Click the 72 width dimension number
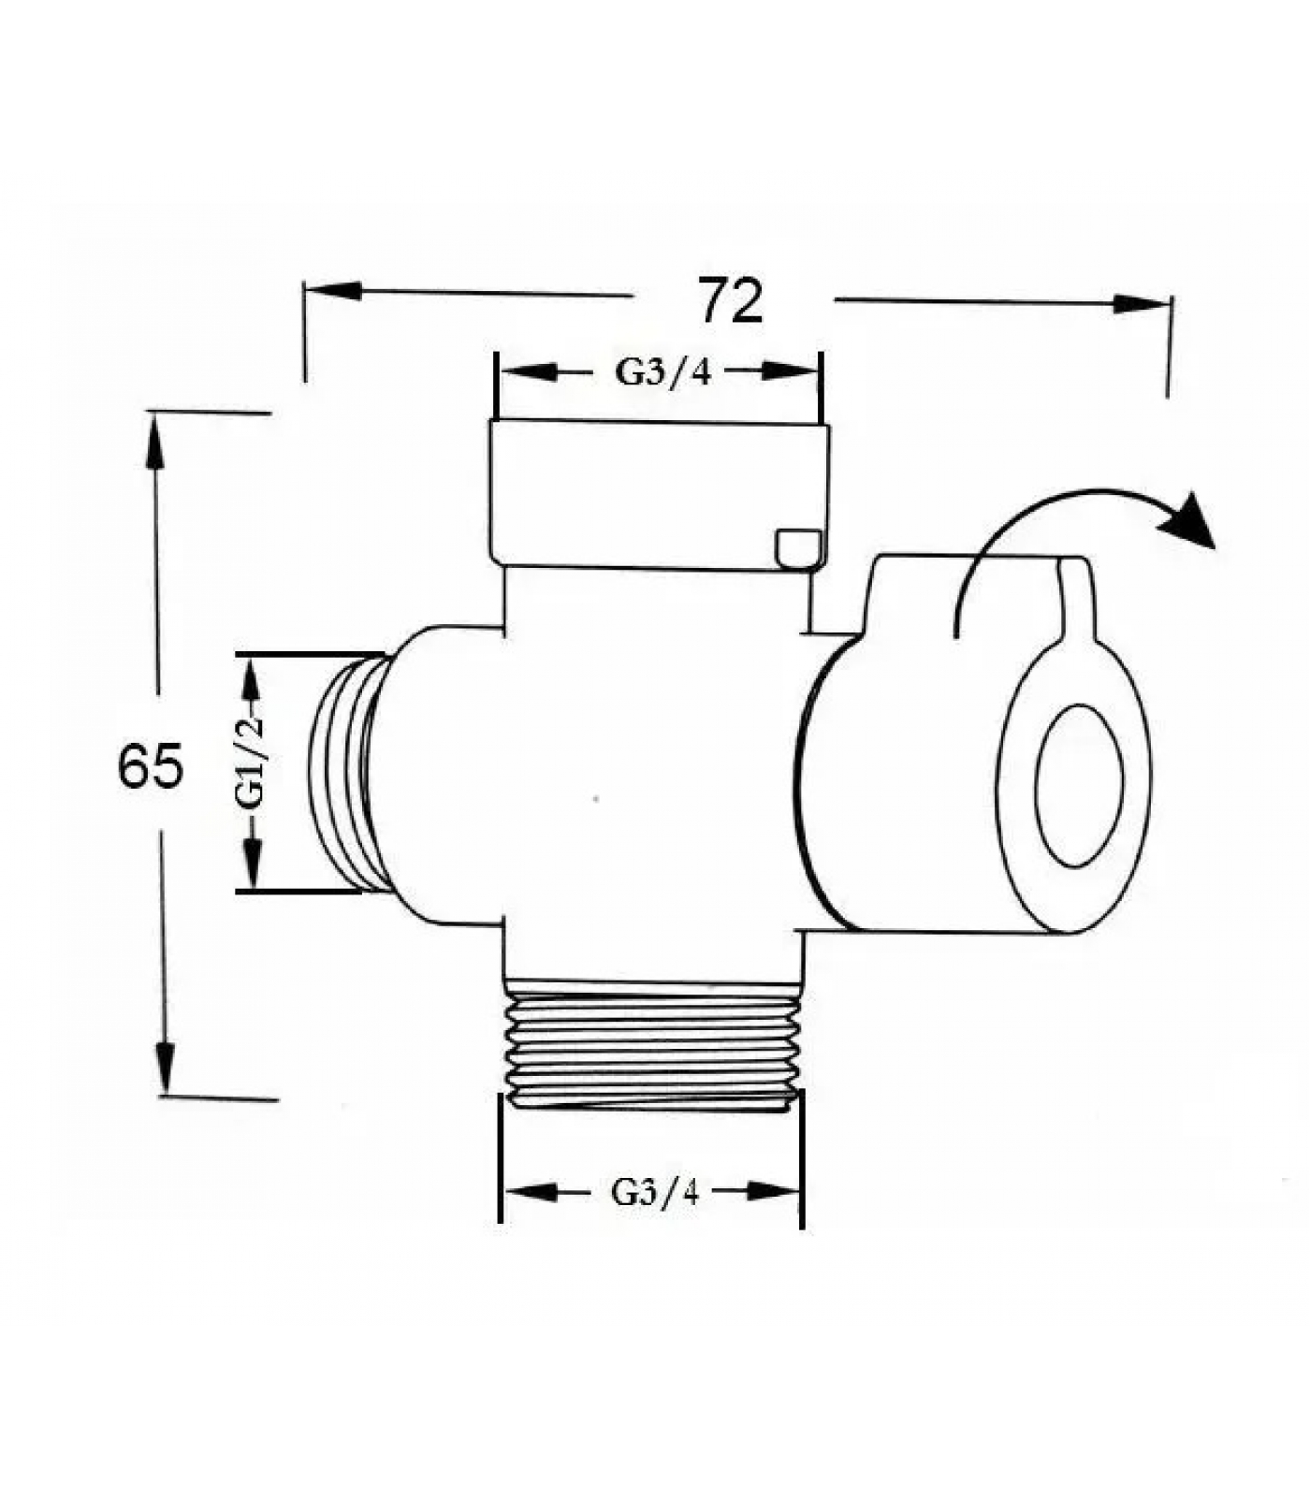(x=731, y=301)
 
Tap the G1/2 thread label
(x=251, y=763)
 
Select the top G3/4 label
(x=662, y=372)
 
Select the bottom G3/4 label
(x=655, y=1192)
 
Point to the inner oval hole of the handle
(x=1079, y=785)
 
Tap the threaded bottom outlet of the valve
(x=654, y=1044)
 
